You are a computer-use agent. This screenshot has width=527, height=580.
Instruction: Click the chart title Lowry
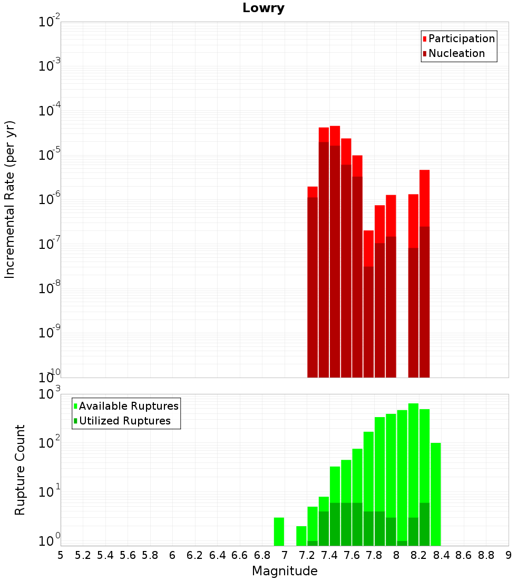[263, 8]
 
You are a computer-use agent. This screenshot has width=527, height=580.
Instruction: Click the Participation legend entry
[458, 38]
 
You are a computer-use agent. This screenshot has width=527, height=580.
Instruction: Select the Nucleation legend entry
[454, 53]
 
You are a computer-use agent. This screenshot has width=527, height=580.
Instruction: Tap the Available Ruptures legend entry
[126, 406]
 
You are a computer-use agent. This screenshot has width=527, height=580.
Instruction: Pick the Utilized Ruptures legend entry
[122, 421]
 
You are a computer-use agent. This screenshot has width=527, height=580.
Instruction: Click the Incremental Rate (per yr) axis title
[9, 199]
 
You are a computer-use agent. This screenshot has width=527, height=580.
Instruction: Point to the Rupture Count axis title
[19, 470]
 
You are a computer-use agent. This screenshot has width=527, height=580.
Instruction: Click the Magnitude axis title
[285, 571]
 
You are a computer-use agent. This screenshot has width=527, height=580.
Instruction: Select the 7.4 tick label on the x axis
[329, 555]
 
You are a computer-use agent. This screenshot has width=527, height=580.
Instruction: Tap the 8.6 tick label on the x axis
[464, 555]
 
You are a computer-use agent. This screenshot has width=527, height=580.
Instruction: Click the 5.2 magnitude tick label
[83, 555]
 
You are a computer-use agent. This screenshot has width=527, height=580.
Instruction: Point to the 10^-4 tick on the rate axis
[50, 110]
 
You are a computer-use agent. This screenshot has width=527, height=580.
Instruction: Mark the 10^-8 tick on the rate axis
[50, 287]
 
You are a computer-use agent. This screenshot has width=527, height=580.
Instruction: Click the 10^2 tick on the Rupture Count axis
[50, 442]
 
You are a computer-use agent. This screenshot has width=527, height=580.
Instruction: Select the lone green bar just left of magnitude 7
[279, 531]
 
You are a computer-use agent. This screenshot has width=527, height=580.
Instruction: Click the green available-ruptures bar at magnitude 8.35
[436, 494]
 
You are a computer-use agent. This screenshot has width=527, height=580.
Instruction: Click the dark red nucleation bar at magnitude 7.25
[313, 287]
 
